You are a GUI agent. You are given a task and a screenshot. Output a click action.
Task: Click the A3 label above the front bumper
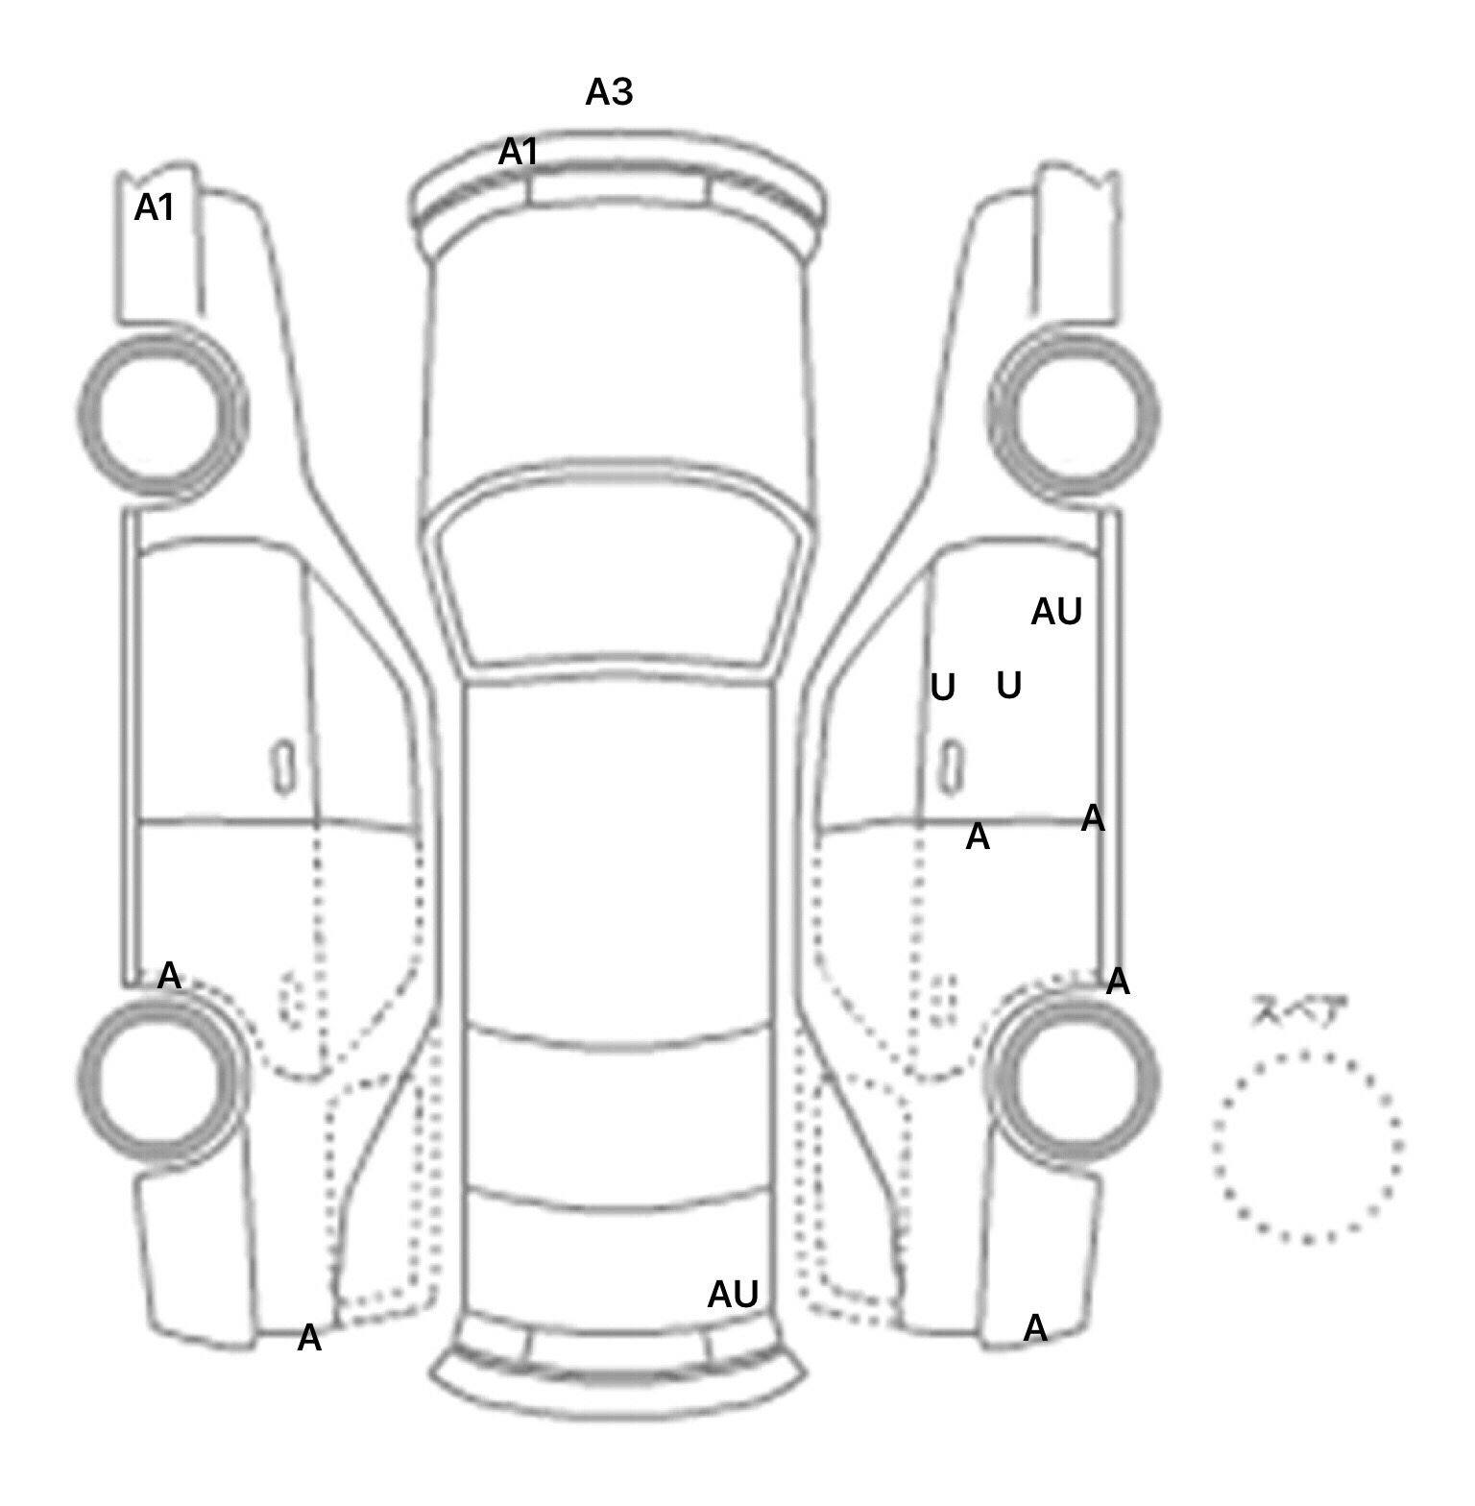coord(609,92)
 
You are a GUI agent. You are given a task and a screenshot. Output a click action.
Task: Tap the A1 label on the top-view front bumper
coord(519,152)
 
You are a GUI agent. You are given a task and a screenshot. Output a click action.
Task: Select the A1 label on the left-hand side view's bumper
coord(155,207)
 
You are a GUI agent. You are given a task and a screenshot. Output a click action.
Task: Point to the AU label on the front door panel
coord(1056,612)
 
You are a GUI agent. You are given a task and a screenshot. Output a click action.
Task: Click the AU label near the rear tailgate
coord(733,1295)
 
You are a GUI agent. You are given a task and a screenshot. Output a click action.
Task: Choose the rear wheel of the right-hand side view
coord(1074,1076)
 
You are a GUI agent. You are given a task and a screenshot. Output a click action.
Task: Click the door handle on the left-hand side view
coord(282,767)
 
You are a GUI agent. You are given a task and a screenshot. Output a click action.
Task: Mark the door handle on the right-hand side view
coord(951,767)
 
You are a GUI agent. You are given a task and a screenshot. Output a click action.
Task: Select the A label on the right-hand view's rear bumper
coord(1035,1328)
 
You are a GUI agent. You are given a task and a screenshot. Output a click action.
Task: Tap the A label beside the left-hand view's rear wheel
coord(169,976)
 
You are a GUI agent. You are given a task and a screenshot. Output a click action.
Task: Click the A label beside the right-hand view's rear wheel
coord(1118,982)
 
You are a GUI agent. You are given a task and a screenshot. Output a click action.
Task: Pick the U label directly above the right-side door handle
coord(943,688)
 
